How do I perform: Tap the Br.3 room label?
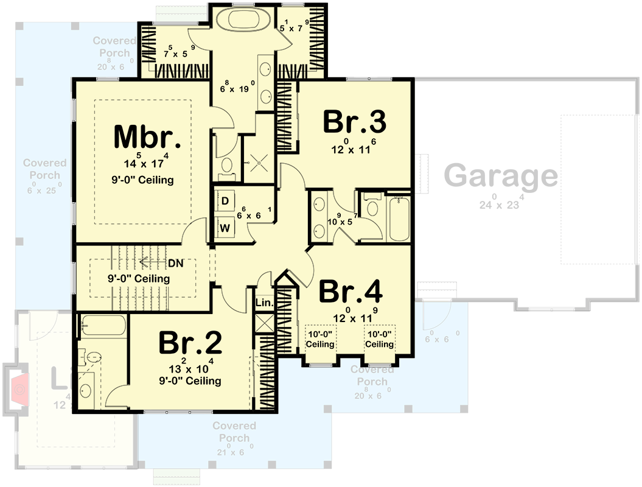(x=354, y=122)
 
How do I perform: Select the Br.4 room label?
(x=351, y=292)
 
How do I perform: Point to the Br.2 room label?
(x=190, y=344)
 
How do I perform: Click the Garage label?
(x=500, y=177)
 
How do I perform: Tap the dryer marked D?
(x=225, y=200)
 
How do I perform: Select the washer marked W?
(x=225, y=228)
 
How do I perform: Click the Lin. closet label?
(x=265, y=302)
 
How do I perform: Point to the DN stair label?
(x=175, y=263)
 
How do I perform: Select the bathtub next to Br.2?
(x=102, y=326)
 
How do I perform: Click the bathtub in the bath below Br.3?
(x=400, y=218)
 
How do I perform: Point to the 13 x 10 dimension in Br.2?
(x=189, y=368)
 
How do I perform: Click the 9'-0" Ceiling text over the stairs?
(x=139, y=278)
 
